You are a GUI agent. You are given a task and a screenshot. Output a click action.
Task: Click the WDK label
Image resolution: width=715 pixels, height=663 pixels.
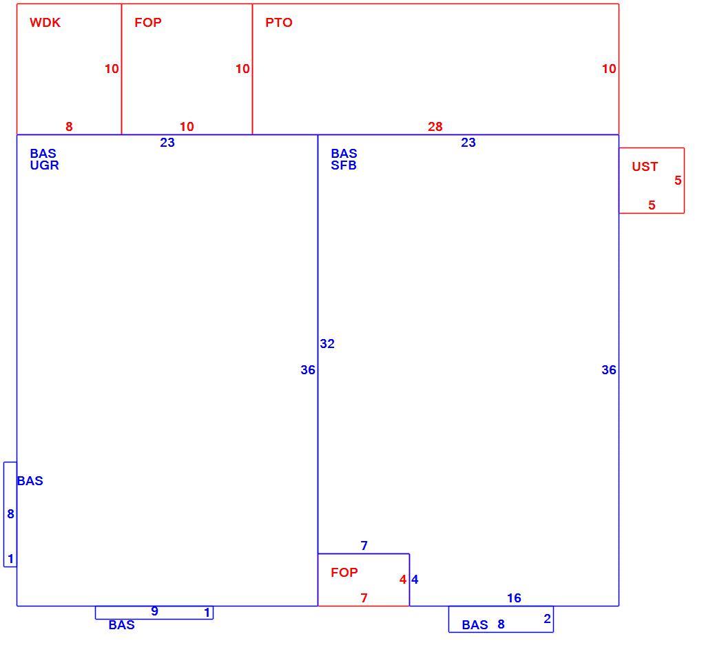point(45,22)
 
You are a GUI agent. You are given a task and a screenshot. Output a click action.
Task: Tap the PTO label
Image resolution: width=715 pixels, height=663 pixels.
point(278,22)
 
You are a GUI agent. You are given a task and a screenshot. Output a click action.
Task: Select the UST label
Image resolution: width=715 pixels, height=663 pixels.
point(645,167)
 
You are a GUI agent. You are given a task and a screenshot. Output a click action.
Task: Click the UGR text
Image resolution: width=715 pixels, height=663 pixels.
point(44,165)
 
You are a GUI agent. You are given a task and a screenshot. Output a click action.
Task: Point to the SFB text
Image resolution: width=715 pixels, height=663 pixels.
point(344,165)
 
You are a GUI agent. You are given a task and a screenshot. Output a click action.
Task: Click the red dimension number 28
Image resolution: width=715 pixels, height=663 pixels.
point(435,126)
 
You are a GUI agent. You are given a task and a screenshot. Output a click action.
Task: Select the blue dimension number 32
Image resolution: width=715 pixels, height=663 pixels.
point(327,344)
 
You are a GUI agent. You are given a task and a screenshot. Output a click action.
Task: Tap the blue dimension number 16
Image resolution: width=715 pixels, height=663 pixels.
point(514,598)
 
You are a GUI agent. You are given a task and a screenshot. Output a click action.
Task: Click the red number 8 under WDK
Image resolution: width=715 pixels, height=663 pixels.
point(69,126)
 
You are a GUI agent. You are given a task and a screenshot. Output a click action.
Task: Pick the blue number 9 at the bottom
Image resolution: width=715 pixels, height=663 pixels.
point(154,611)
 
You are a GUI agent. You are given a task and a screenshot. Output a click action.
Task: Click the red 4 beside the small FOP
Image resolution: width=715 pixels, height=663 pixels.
point(403,580)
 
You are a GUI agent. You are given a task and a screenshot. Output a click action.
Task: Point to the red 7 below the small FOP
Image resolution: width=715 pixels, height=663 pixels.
point(364,598)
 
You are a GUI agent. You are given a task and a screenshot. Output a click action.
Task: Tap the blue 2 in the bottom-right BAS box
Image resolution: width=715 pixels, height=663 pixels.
point(547,619)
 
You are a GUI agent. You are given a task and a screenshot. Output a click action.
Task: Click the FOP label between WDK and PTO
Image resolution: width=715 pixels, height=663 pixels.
point(148,22)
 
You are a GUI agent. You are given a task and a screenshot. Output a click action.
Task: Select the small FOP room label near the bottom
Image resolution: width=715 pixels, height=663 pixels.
point(344,572)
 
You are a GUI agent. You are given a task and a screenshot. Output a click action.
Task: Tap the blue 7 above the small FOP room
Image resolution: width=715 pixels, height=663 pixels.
point(364,545)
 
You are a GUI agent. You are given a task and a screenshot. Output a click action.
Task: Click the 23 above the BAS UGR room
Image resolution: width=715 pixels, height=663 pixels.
point(167,143)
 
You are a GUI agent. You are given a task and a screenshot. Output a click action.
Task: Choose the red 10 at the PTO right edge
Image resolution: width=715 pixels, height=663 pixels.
point(609,68)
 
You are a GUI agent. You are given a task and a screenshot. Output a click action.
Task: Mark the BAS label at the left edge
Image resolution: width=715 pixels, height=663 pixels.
point(30,481)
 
